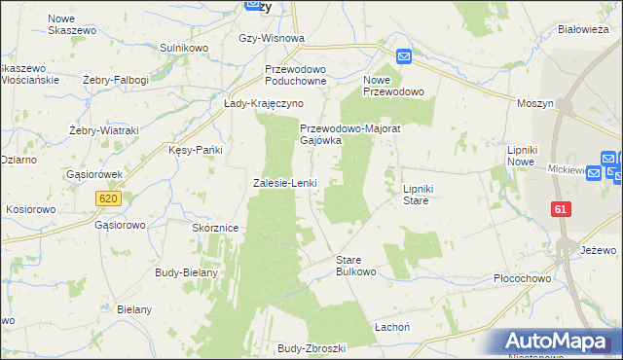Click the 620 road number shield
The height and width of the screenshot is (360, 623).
(108, 198)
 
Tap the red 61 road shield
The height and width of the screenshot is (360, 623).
(560, 209)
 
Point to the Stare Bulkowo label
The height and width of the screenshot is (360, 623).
(355, 266)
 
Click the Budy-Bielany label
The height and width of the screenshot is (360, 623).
(186, 272)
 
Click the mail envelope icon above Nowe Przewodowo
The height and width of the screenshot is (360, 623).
(404, 56)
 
